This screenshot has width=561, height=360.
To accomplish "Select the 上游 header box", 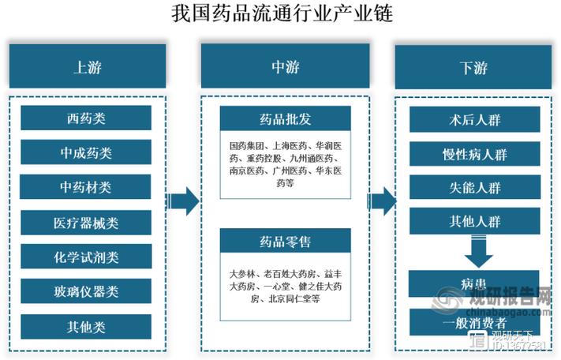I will tap(87, 67).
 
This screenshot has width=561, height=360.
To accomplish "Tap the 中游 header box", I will tap(285, 67).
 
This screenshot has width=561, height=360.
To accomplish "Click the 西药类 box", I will tap(87, 119).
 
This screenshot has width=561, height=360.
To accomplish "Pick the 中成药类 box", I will tap(87, 153).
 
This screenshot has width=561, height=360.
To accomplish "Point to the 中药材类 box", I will tap(87, 188).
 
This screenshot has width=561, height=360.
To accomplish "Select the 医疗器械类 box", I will tap(87, 223).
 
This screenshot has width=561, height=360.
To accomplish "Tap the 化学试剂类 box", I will tap(87, 257).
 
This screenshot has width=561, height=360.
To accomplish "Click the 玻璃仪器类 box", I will tap(87, 292).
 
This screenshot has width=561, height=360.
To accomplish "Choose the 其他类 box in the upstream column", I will tap(87, 326).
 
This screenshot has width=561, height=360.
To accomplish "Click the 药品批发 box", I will tap(285, 119).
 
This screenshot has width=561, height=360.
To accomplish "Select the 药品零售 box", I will tap(285, 242).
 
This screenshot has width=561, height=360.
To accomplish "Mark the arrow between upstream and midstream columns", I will tap(185, 202).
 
